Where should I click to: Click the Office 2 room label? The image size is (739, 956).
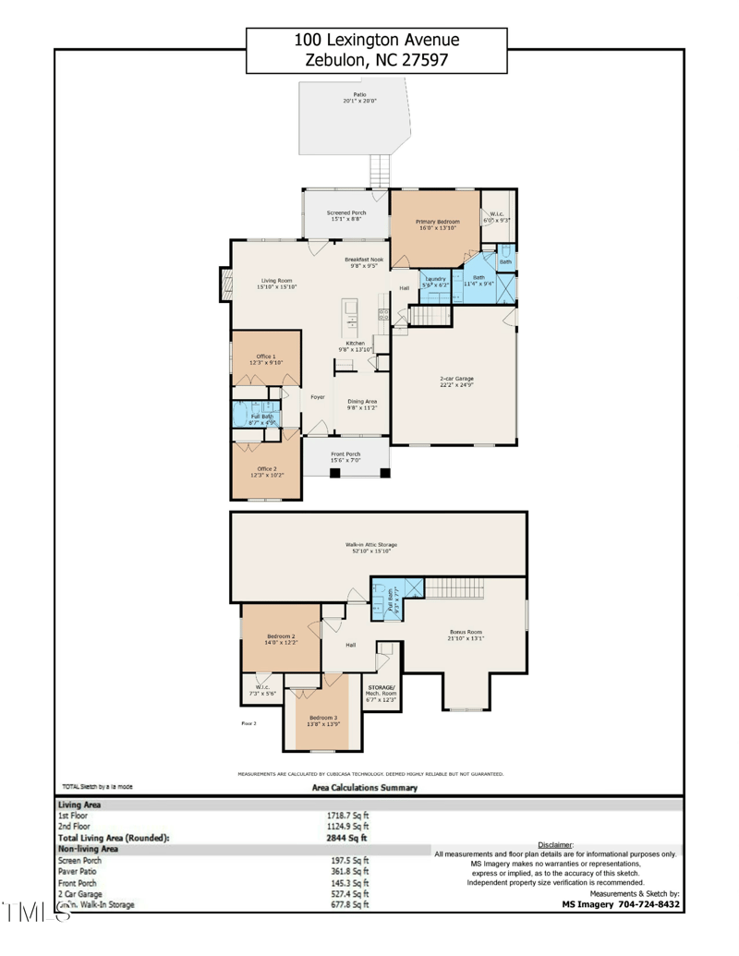click(x=265, y=471)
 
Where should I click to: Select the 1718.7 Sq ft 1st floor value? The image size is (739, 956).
click(x=350, y=816)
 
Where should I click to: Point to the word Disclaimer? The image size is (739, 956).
click(x=555, y=844)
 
